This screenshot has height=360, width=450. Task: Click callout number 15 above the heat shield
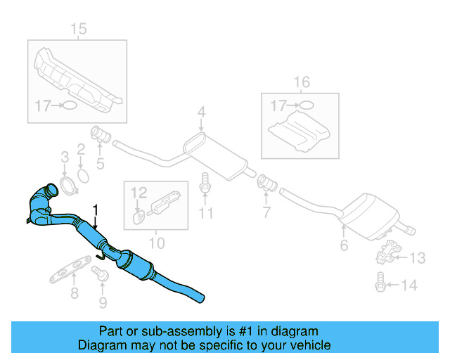coord(78,29)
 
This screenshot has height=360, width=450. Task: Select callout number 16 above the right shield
coord(300,83)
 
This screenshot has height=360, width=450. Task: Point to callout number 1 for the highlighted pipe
coord(96,210)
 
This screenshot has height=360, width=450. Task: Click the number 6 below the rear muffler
coord(344,245)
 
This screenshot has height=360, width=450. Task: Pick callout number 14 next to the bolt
coord(410,285)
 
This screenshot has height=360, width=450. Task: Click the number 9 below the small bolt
coord(103,303)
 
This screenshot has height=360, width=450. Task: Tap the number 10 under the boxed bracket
coord(157,243)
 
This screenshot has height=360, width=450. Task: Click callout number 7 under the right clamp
coord(267,212)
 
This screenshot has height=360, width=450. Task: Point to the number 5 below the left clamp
coord(100,165)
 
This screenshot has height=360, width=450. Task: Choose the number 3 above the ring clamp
coord(64,156)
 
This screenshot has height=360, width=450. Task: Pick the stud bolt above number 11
coord(205,184)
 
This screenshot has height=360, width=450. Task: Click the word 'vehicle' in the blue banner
coord(310,345)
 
